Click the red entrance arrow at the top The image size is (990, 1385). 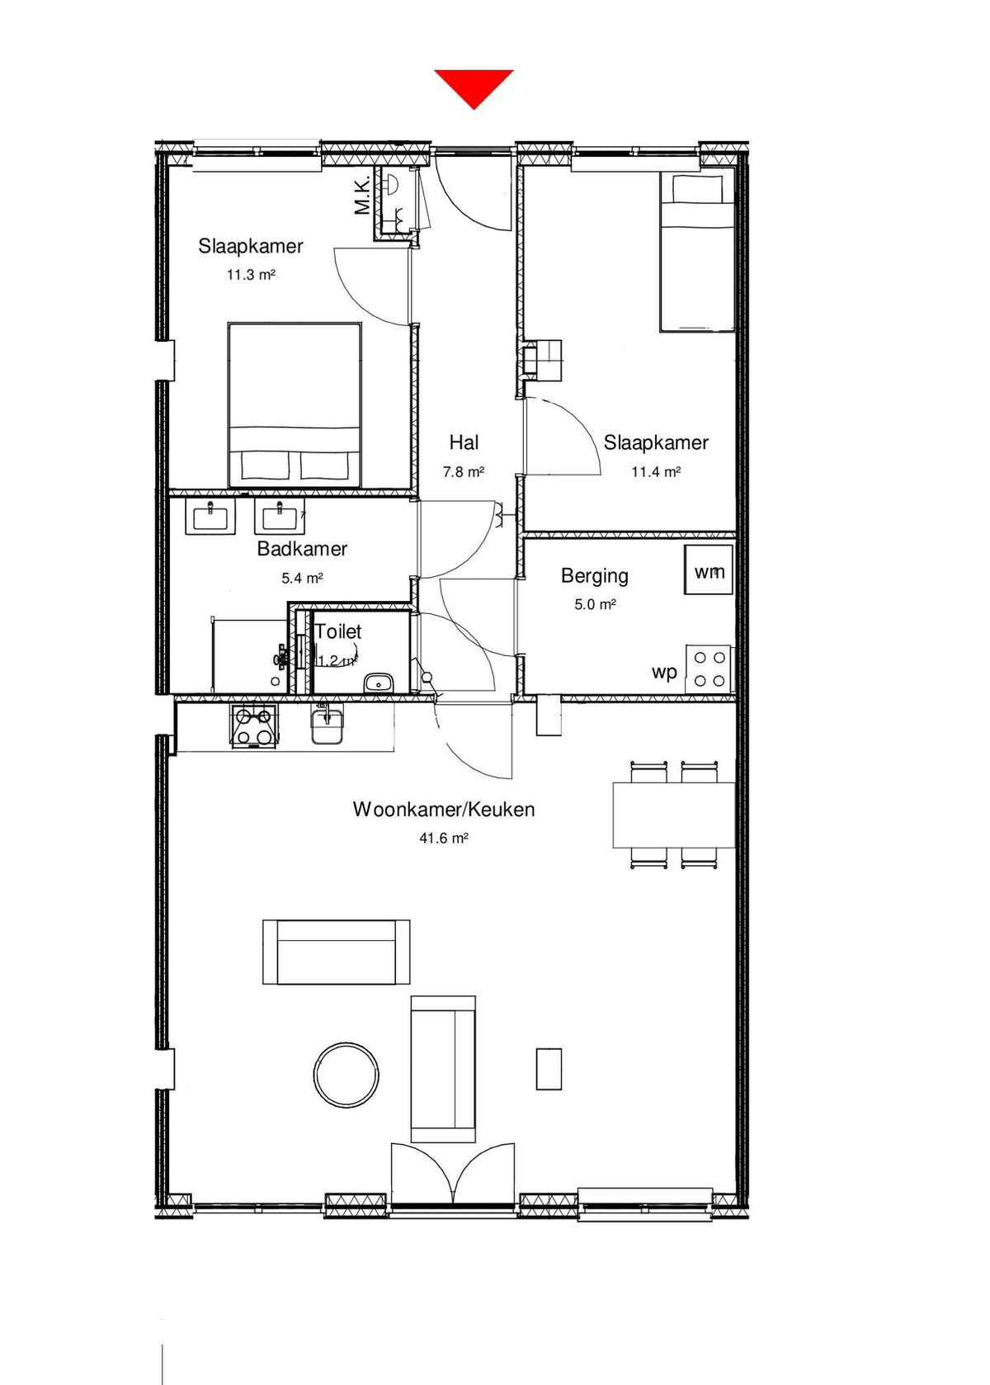474,86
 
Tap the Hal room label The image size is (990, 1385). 464,442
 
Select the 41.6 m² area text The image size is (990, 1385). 444,838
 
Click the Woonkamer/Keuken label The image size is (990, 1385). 444,809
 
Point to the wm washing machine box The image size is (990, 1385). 709,570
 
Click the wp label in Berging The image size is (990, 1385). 664,672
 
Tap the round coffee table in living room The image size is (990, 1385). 346,1075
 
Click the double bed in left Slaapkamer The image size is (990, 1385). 295,404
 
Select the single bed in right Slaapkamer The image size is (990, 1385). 696,252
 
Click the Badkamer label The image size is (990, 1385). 302,549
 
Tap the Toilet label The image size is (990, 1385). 338,631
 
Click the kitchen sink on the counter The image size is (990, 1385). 328,724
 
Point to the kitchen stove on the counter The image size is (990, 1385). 254,726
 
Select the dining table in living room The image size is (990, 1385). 673,815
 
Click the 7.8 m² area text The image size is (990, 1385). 463,472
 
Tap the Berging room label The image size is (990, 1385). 594,575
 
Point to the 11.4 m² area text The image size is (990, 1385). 656,472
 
